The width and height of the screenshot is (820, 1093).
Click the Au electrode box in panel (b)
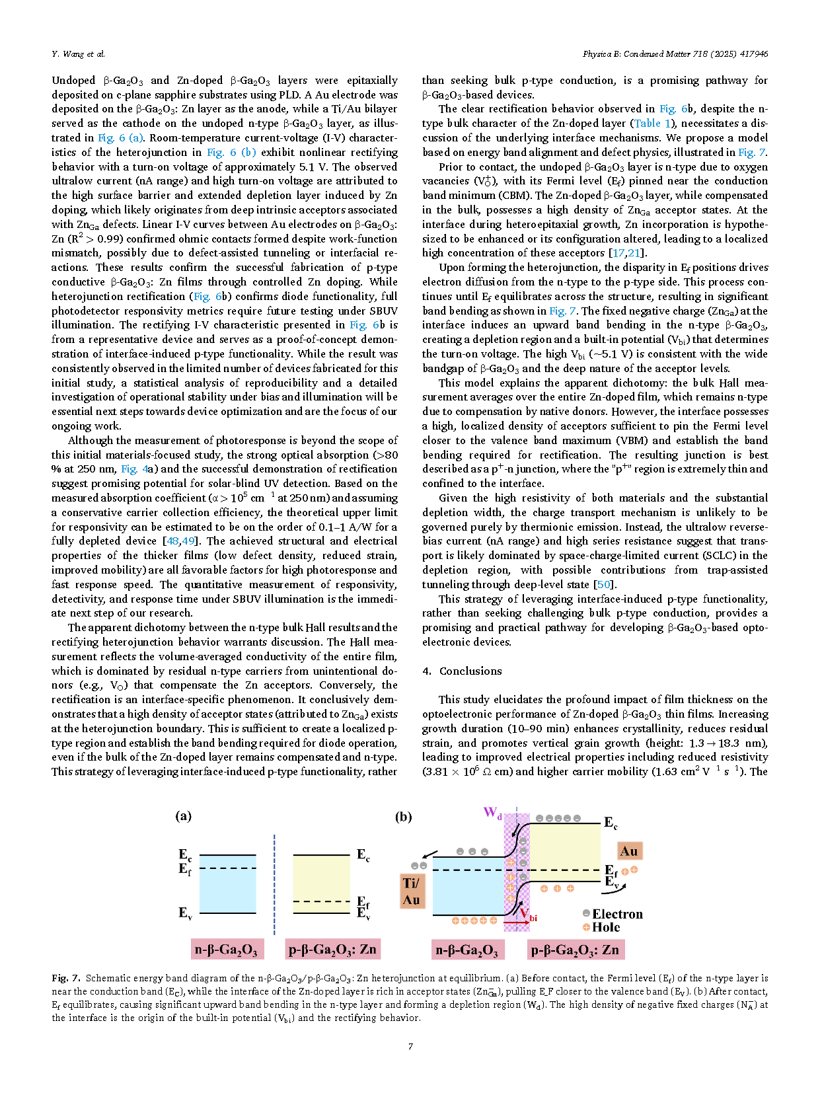click(x=628, y=851)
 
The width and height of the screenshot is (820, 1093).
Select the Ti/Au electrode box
click(x=411, y=891)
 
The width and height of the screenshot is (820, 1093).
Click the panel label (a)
click(x=184, y=816)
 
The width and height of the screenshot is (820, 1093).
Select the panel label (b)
click(x=403, y=817)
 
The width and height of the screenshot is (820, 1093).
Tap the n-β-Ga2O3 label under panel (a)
click(x=226, y=950)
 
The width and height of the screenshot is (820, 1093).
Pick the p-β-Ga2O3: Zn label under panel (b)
click(x=575, y=950)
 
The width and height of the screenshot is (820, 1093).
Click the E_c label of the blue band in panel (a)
click(x=184, y=854)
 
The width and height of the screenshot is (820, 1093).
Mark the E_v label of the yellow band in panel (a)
click(x=363, y=913)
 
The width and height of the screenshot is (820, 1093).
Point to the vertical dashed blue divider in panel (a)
click(x=274, y=879)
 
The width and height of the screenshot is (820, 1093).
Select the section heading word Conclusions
click(x=470, y=671)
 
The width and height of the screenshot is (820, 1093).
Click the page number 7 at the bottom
click(x=410, y=1046)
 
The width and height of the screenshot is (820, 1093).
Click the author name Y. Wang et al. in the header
click(x=78, y=54)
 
